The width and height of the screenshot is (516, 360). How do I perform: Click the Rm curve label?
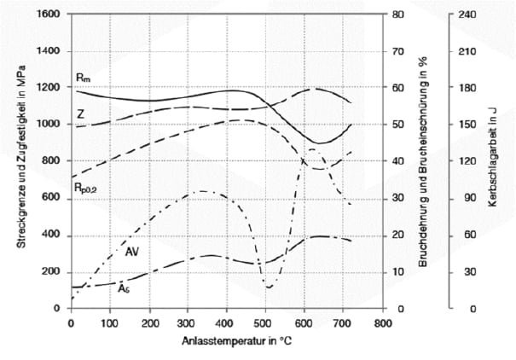tap(82, 78)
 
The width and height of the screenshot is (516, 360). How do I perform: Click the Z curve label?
tap(80, 113)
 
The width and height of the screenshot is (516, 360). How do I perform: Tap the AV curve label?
tap(132, 253)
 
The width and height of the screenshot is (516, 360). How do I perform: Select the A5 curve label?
tap(125, 289)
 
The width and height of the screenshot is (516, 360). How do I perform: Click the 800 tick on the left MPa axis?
tap(51, 161)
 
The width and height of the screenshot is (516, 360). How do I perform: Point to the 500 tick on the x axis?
tap(265, 323)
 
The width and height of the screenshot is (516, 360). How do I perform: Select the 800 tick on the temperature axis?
tap(382, 323)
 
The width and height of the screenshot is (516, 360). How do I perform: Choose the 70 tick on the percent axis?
tap(397, 51)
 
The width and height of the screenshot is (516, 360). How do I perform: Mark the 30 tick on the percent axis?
tap(397, 198)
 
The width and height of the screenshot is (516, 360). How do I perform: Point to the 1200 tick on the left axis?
tap(49, 88)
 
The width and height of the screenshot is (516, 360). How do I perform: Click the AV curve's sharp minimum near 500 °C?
tap(269, 287)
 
